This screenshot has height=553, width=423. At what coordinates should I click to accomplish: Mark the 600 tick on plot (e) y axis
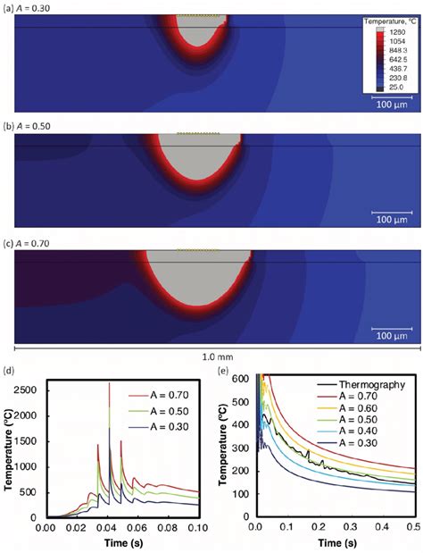(237, 378)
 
